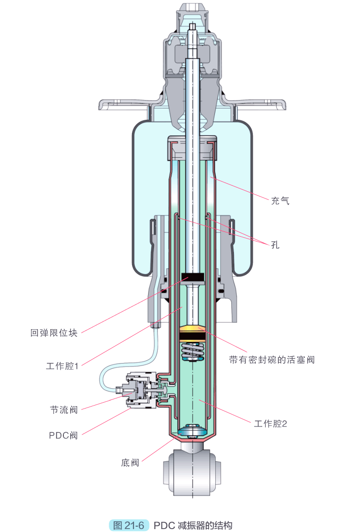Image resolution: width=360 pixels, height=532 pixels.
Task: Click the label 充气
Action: pos(280,200)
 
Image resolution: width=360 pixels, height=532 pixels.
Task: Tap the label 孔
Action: pos(275,245)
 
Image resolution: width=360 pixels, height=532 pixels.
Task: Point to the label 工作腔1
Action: pos(62,366)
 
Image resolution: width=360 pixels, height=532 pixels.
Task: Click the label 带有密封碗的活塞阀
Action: pos(271,360)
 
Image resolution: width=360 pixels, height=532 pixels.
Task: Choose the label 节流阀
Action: pos(64,410)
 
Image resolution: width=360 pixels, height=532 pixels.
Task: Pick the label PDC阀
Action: pos(63,435)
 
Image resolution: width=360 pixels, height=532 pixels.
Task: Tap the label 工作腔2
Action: pos(270,424)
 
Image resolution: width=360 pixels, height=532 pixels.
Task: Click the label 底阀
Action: pos(130,463)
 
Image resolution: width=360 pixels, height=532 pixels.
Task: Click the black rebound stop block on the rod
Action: pos(193,279)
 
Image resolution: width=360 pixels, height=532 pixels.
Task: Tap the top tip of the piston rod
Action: pos(192,27)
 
